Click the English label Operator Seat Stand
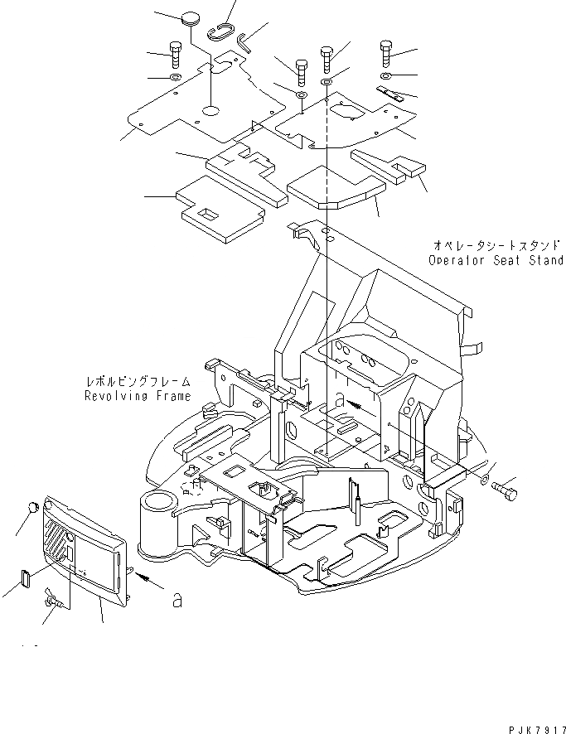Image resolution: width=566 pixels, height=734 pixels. [x=496, y=260]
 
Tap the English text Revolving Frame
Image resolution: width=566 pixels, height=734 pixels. [x=138, y=396]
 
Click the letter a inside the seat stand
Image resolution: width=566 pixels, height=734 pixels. [x=341, y=399]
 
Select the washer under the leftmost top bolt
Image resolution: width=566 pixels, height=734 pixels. [x=175, y=77]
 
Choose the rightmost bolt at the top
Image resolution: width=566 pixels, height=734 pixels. [x=386, y=53]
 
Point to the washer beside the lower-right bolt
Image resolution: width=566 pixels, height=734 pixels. [x=485, y=480]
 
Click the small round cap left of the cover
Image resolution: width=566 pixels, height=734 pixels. [x=32, y=507]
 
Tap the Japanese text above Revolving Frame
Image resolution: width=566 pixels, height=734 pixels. [x=138, y=382]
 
